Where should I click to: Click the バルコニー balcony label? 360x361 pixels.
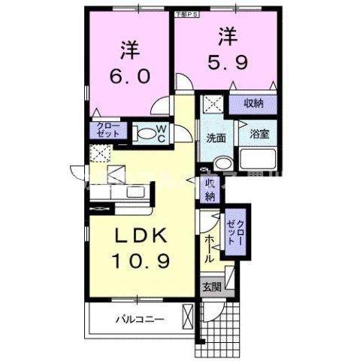pos(139,318)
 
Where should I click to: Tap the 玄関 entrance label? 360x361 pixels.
pos(211,286)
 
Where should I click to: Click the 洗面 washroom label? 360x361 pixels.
pos(218,138)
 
